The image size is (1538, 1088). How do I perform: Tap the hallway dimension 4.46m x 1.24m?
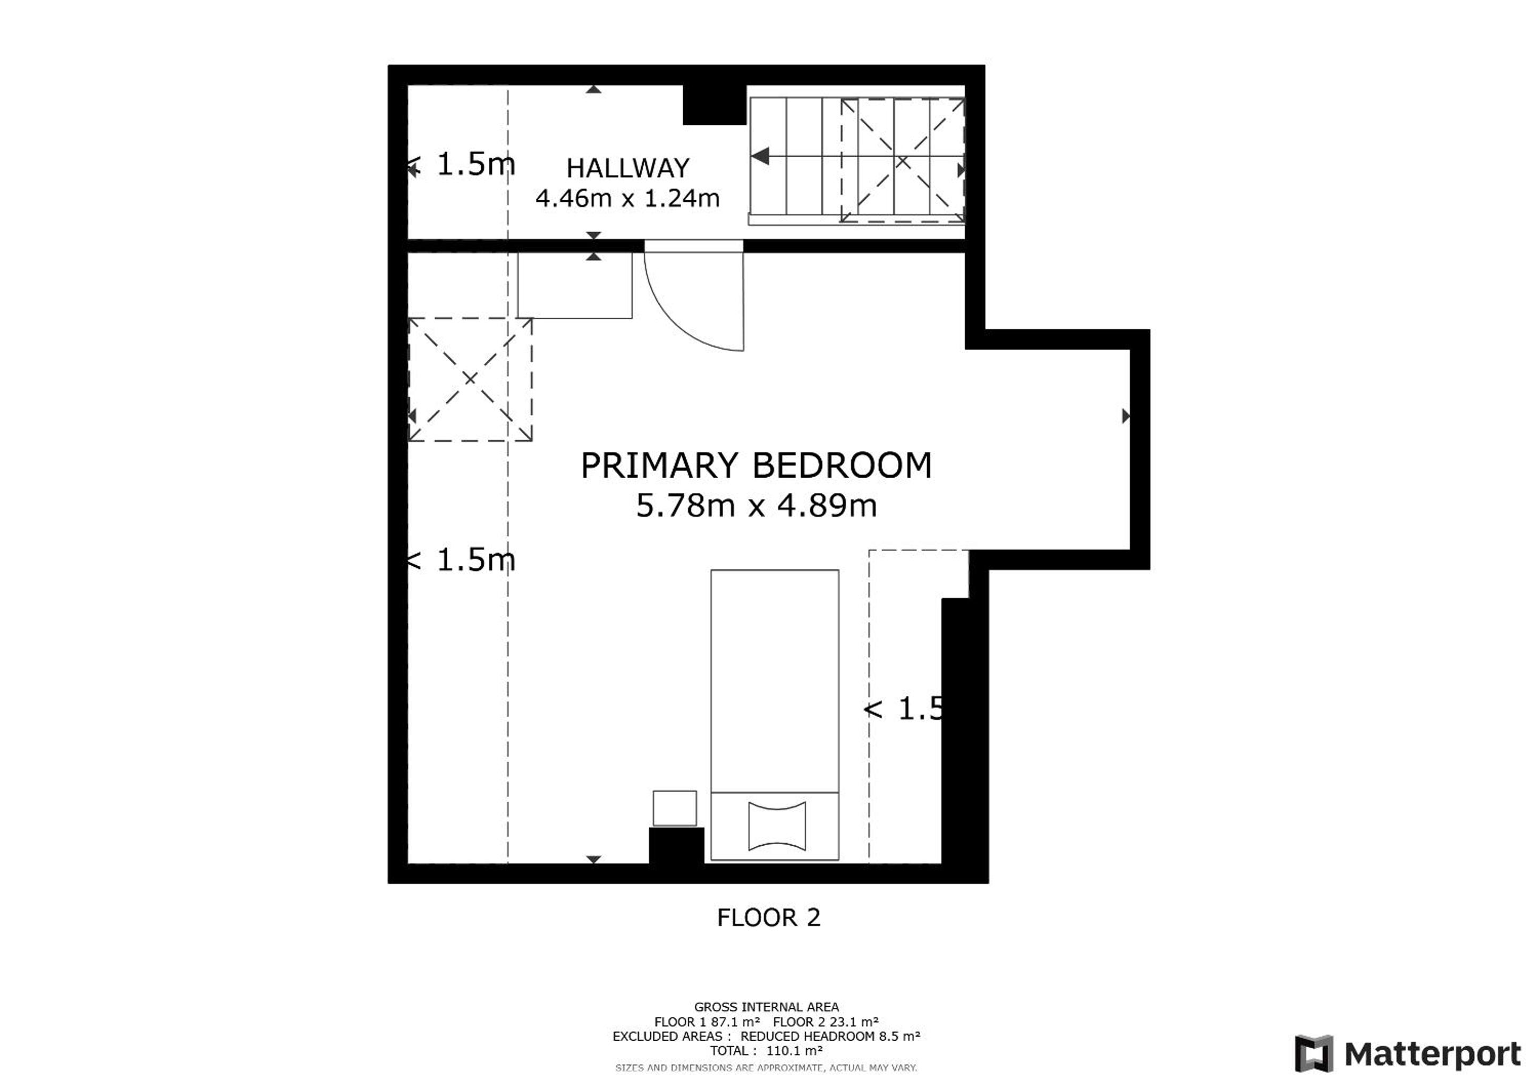(627, 198)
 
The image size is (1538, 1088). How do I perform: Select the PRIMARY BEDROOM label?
(755, 465)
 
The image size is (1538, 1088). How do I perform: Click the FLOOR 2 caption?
(768, 917)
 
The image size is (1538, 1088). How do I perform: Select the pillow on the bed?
(777, 826)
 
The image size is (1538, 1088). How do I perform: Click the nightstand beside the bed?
(675, 808)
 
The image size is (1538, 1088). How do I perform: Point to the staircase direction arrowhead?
(760, 156)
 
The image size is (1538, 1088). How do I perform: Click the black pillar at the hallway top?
(714, 105)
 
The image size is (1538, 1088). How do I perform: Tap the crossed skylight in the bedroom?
(470, 379)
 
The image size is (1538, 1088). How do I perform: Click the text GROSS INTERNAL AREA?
(766, 1007)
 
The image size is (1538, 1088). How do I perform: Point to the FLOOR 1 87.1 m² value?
(707, 1022)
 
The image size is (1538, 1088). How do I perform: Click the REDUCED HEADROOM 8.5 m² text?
(831, 1036)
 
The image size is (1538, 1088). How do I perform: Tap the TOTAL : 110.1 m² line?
(766, 1051)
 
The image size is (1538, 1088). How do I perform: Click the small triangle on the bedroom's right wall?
(1126, 416)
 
